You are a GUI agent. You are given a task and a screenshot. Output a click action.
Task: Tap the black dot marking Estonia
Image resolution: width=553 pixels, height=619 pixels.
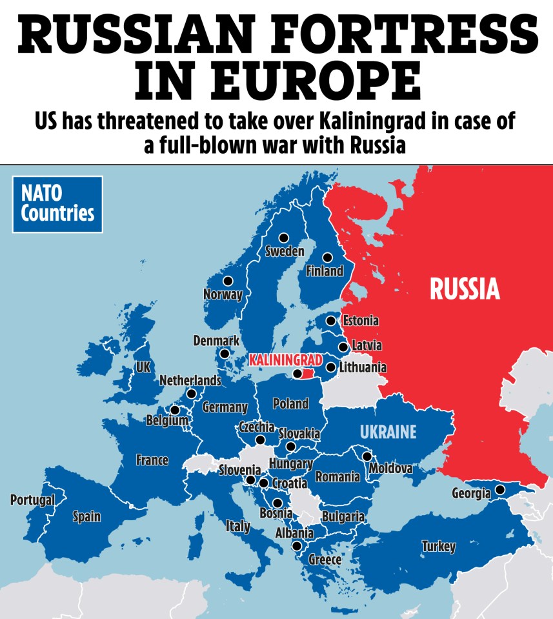coord(330,320)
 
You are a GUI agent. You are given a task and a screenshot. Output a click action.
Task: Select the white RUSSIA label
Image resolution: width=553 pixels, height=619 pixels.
coord(465,289)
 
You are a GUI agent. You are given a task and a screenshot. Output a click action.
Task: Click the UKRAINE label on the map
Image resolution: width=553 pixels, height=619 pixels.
coord(388,432)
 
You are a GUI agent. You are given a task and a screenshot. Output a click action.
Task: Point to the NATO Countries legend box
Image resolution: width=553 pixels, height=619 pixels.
coord(57,204)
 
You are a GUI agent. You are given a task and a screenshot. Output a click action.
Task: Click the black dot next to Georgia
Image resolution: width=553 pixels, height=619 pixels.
coord(499,491)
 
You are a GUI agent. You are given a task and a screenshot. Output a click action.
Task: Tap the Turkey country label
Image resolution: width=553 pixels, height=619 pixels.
coord(438,547)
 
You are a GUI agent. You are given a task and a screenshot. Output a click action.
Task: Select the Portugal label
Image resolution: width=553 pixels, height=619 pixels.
coord(32,500)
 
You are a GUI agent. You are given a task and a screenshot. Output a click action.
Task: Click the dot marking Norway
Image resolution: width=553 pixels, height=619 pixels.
coord(227,281)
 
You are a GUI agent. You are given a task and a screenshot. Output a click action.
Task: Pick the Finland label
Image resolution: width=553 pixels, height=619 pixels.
coord(325,271)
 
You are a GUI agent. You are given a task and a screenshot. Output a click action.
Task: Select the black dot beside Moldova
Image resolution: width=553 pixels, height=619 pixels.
coord(367,456)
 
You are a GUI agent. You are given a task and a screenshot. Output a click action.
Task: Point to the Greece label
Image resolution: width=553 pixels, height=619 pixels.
coord(325,560)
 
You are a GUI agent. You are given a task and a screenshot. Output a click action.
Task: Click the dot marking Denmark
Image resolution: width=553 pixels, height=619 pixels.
coord(224,353)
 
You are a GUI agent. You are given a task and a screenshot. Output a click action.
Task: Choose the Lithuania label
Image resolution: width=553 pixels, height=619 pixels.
coord(363,367)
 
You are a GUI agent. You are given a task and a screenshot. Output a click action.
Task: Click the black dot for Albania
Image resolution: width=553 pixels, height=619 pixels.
coord(296,545)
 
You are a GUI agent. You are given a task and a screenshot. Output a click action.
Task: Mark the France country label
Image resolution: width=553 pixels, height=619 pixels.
coord(152,460)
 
